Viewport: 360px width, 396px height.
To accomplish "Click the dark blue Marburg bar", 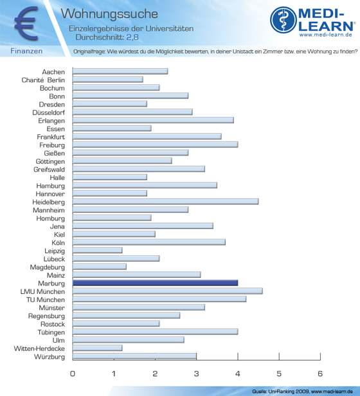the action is point(155,283).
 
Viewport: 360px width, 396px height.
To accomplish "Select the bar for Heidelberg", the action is point(165,202).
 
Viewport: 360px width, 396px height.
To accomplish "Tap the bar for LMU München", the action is point(168,291).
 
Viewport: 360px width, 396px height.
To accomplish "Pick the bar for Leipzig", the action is point(98,250).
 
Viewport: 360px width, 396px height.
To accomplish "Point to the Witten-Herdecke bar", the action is point(98,348).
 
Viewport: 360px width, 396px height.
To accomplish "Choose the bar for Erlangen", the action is point(153,120).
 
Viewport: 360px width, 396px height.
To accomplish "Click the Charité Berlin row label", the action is point(43,80).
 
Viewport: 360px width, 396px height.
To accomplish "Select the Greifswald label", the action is point(50,170).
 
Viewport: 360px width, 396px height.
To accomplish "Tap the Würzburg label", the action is point(50,357).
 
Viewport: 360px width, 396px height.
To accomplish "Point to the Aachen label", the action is point(53,72).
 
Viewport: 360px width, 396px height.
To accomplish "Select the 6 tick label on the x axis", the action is point(320,373).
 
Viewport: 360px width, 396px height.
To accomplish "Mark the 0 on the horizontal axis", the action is point(73,373).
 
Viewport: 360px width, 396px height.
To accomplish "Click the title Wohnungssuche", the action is point(109,14).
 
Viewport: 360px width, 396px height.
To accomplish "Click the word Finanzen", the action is point(26,51).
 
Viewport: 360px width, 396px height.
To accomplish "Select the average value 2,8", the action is point(132,37).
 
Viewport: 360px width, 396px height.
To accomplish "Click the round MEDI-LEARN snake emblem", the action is point(283,20).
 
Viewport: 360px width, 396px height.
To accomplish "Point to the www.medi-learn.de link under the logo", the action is point(326,35).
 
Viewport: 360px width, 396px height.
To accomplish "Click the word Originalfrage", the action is point(89,51).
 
